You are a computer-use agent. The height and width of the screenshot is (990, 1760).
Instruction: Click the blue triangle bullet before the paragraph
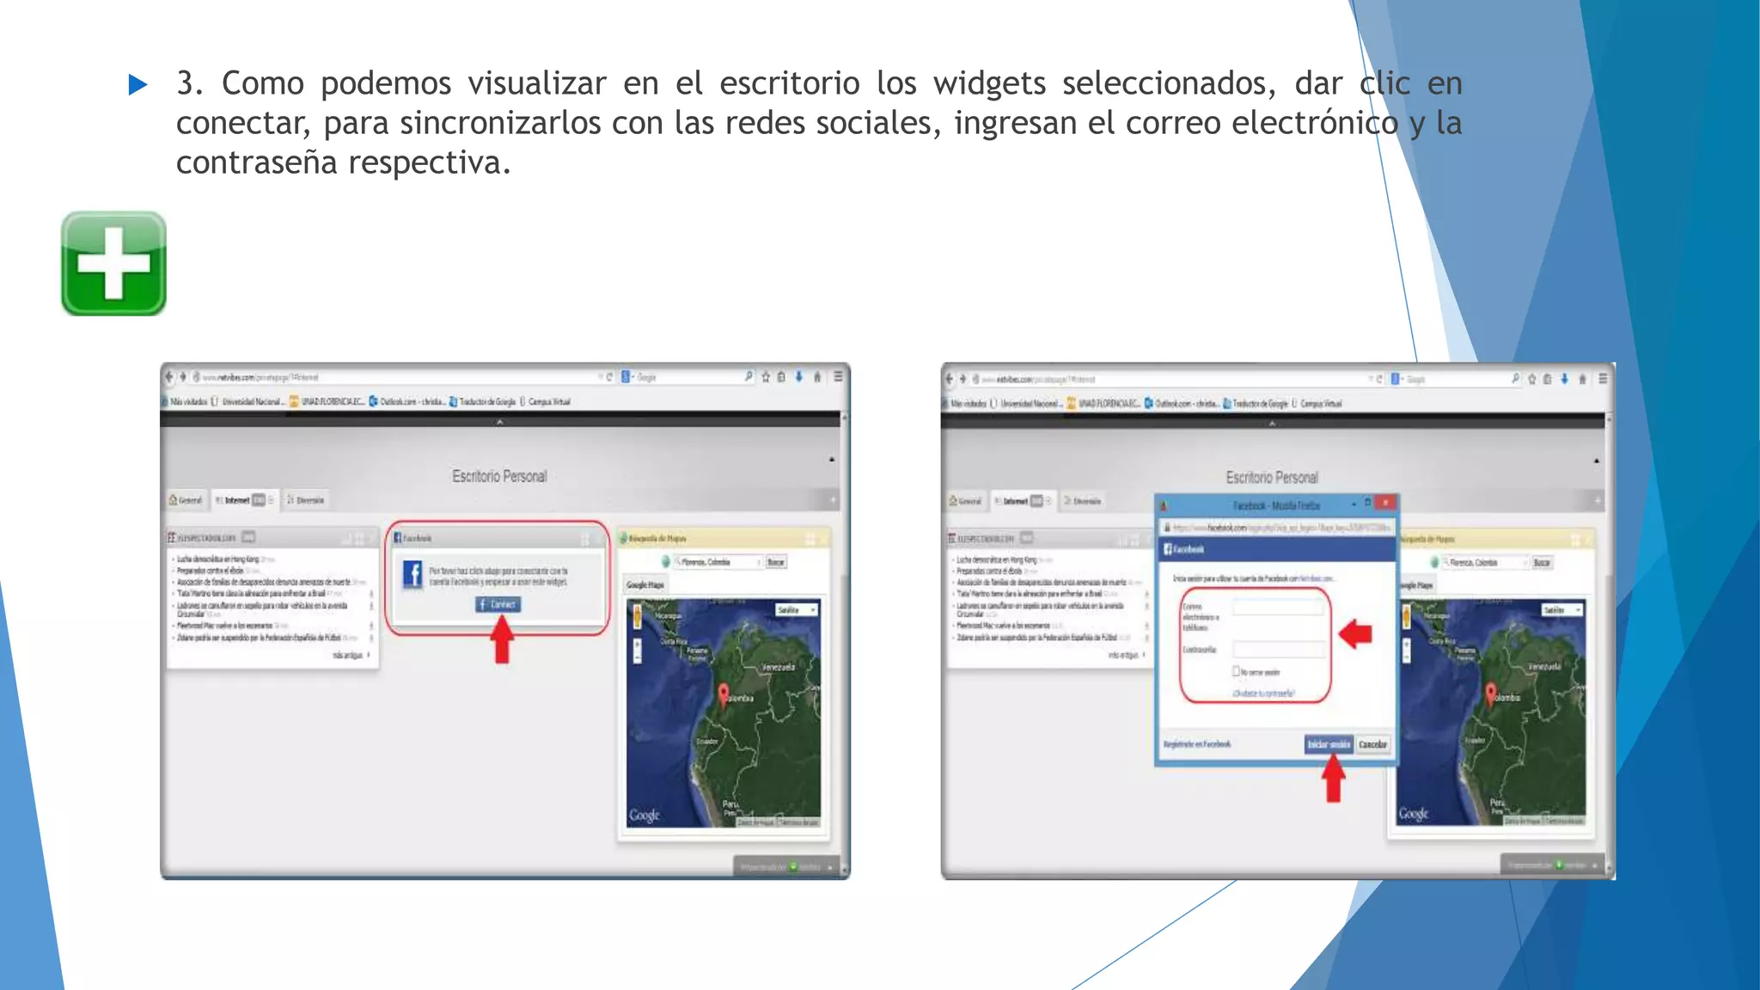click(x=137, y=84)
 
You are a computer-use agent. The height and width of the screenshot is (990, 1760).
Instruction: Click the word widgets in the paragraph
click(x=989, y=83)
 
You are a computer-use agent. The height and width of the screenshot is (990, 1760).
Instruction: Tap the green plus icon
click(x=113, y=264)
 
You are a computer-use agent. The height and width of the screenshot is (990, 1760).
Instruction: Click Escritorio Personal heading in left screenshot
click(x=499, y=476)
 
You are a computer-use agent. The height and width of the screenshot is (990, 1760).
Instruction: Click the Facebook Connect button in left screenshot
click(x=498, y=604)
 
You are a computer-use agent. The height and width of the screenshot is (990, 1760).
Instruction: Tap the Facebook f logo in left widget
click(x=413, y=575)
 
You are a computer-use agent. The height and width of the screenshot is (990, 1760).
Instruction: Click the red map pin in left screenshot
click(x=724, y=694)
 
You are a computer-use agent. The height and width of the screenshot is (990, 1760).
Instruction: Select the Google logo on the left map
click(x=645, y=814)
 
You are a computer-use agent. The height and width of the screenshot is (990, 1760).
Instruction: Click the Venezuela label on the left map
click(x=778, y=667)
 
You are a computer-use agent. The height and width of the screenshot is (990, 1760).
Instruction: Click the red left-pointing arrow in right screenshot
click(x=1356, y=634)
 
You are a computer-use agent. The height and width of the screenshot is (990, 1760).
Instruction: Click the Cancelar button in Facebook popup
click(x=1372, y=744)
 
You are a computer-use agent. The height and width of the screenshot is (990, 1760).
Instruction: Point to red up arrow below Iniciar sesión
click(x=1333, y=779)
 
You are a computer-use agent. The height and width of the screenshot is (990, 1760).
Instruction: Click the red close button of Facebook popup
click(x=1385, y=503)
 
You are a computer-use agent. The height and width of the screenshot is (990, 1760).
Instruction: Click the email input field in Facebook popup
click(x=1278, y=608)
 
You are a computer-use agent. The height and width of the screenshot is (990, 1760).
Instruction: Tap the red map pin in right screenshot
click(x=1491, y=693)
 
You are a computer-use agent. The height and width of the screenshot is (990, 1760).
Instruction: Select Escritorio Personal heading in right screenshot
click(x=1272, y=477)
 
